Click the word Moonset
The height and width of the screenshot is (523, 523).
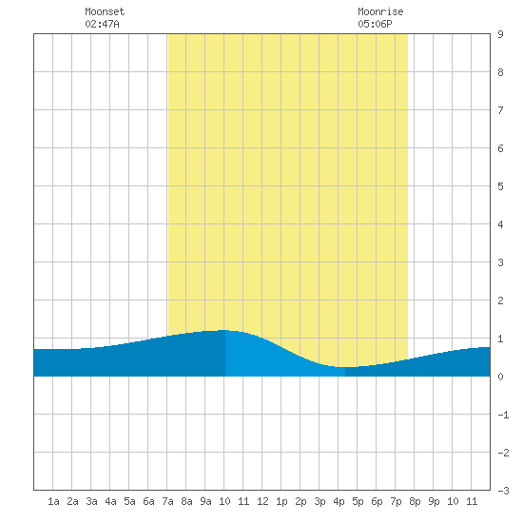[x=105, y=11]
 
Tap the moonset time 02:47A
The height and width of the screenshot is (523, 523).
[x=102, y=24]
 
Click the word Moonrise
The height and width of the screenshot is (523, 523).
[x=380, y=11]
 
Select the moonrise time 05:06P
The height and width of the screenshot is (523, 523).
[x=375, y=24]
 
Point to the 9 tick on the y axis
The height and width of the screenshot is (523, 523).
[x=500, y=34]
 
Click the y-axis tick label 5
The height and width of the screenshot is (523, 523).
[x=500, y=186]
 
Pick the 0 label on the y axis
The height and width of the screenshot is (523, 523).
[x=500, y=377]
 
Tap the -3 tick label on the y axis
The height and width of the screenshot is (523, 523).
[x=503, y=491]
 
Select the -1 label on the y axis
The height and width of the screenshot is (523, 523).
[x=503, y=415]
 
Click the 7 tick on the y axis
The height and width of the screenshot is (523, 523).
[x=500, y=110]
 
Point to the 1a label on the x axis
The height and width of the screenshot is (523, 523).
[x=53, y=501]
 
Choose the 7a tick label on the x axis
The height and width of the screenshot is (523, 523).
[x=167, y=501]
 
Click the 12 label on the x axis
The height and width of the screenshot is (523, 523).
[x=262, y=501]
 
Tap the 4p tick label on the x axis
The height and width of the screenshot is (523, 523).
[x=339, y=501]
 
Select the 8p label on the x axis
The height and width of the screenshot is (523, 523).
[x=415, y=501]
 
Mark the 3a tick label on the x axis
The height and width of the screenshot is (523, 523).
[x=91, y=501]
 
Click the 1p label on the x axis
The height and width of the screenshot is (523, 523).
[x=281, y=501]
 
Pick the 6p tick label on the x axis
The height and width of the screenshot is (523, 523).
[x=377, y=501]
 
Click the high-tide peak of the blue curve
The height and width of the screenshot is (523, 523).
[x=224, y=330]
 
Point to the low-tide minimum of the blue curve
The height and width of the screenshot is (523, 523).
[x=345, y=367]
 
